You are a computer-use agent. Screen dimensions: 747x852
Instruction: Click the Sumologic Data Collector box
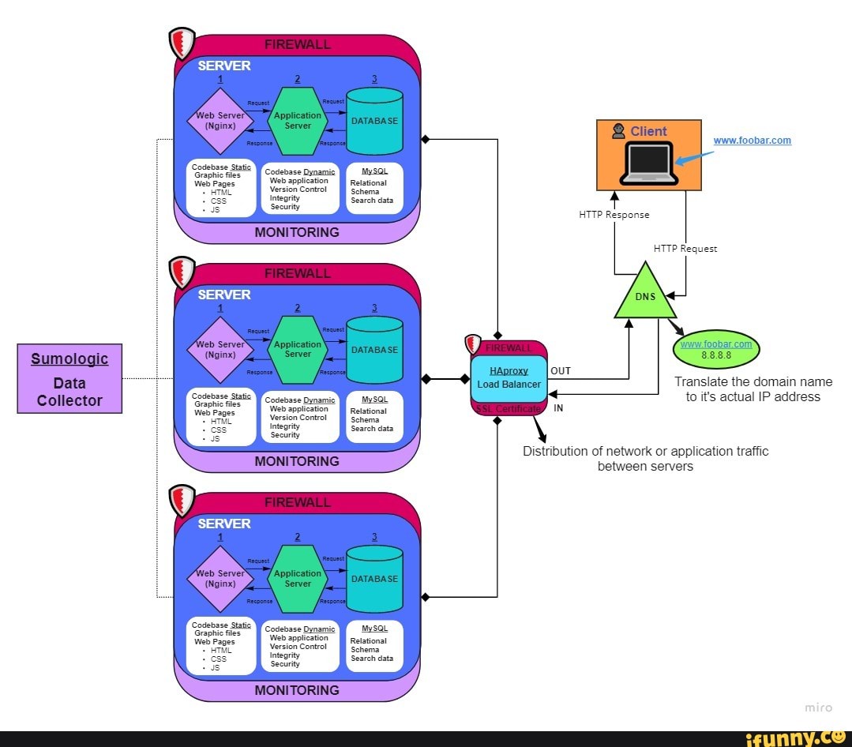[x=69, y=378]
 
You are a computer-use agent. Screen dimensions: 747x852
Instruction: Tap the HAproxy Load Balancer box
[x=509, y=378]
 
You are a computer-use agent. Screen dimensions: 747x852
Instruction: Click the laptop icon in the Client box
[x=648, y=163]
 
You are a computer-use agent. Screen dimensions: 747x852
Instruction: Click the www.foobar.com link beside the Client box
[x=752, y=141]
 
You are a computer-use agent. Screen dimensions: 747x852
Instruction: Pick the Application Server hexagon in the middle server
[x=298, y=350]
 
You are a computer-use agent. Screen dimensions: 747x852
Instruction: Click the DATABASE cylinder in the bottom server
[x=374, y=579]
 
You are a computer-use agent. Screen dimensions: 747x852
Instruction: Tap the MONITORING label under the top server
[x=297, y=232]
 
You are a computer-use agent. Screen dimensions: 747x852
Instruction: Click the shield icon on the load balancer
[x=474, y=343]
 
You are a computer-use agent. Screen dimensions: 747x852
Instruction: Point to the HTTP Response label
[x=614, y=214]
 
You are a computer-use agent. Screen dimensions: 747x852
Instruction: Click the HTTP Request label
[x=685, y=248]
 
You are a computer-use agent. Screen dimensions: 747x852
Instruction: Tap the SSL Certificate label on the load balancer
[x=509, y=408]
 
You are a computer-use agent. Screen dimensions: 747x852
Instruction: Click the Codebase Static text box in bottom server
[x=221, y=646]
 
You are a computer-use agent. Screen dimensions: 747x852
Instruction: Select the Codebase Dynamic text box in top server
[x=299, y=189]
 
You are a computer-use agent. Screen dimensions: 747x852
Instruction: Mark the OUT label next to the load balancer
[x=560, y=370]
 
